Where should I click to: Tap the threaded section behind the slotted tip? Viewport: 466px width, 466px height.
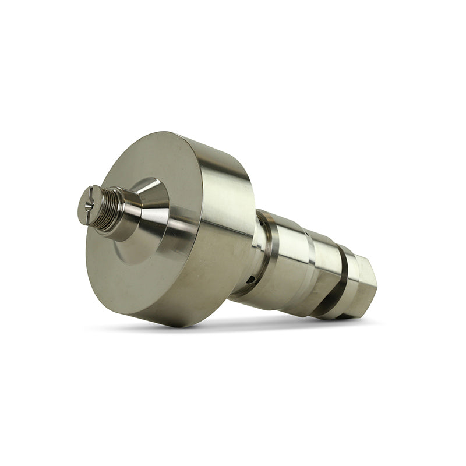click(x=109, y=208)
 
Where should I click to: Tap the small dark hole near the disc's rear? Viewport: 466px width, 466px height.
click(x=250, y=280)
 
